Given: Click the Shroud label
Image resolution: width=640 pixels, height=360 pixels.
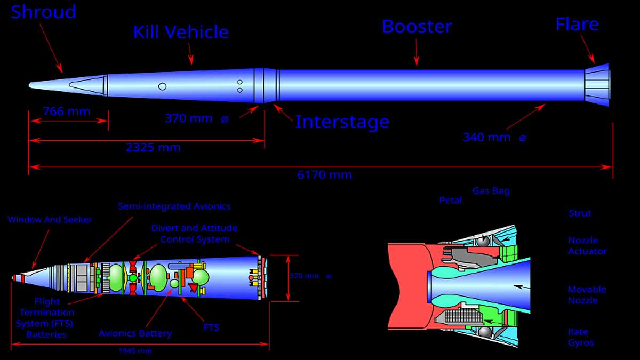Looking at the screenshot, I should click(44, 12).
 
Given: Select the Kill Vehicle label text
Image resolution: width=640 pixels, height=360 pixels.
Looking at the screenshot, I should click(181, 32).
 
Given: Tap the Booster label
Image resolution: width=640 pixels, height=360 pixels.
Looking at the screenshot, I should click(417, 27).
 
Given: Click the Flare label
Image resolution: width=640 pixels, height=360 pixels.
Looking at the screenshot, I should click(577, 25).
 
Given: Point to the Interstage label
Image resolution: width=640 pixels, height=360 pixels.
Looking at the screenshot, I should click(342, 122).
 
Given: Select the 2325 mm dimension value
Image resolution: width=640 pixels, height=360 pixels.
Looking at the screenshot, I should click(153, 148).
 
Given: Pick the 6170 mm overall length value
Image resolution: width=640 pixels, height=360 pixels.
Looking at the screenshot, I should click(324, 175).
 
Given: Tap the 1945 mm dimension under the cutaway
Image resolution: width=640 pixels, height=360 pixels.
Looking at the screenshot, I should click(135, 351).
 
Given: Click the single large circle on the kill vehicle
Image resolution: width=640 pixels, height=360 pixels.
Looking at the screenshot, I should click(163, 86).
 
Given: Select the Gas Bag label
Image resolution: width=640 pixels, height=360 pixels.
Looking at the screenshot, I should click(491, 191).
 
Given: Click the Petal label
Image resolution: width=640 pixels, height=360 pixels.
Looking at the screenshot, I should click(450, 201).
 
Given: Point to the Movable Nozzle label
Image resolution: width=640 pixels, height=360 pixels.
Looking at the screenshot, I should click(587, 295).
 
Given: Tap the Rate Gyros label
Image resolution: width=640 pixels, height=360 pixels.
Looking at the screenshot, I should click(581, 337).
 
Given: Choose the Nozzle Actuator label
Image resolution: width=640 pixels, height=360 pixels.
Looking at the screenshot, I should click(587, 246).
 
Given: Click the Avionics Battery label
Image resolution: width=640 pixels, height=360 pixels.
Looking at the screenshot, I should click(135, 333).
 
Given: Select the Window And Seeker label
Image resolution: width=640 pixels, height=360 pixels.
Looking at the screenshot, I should click(50, 220).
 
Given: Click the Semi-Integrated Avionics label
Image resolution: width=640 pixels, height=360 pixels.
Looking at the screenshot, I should click(174, 206).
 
